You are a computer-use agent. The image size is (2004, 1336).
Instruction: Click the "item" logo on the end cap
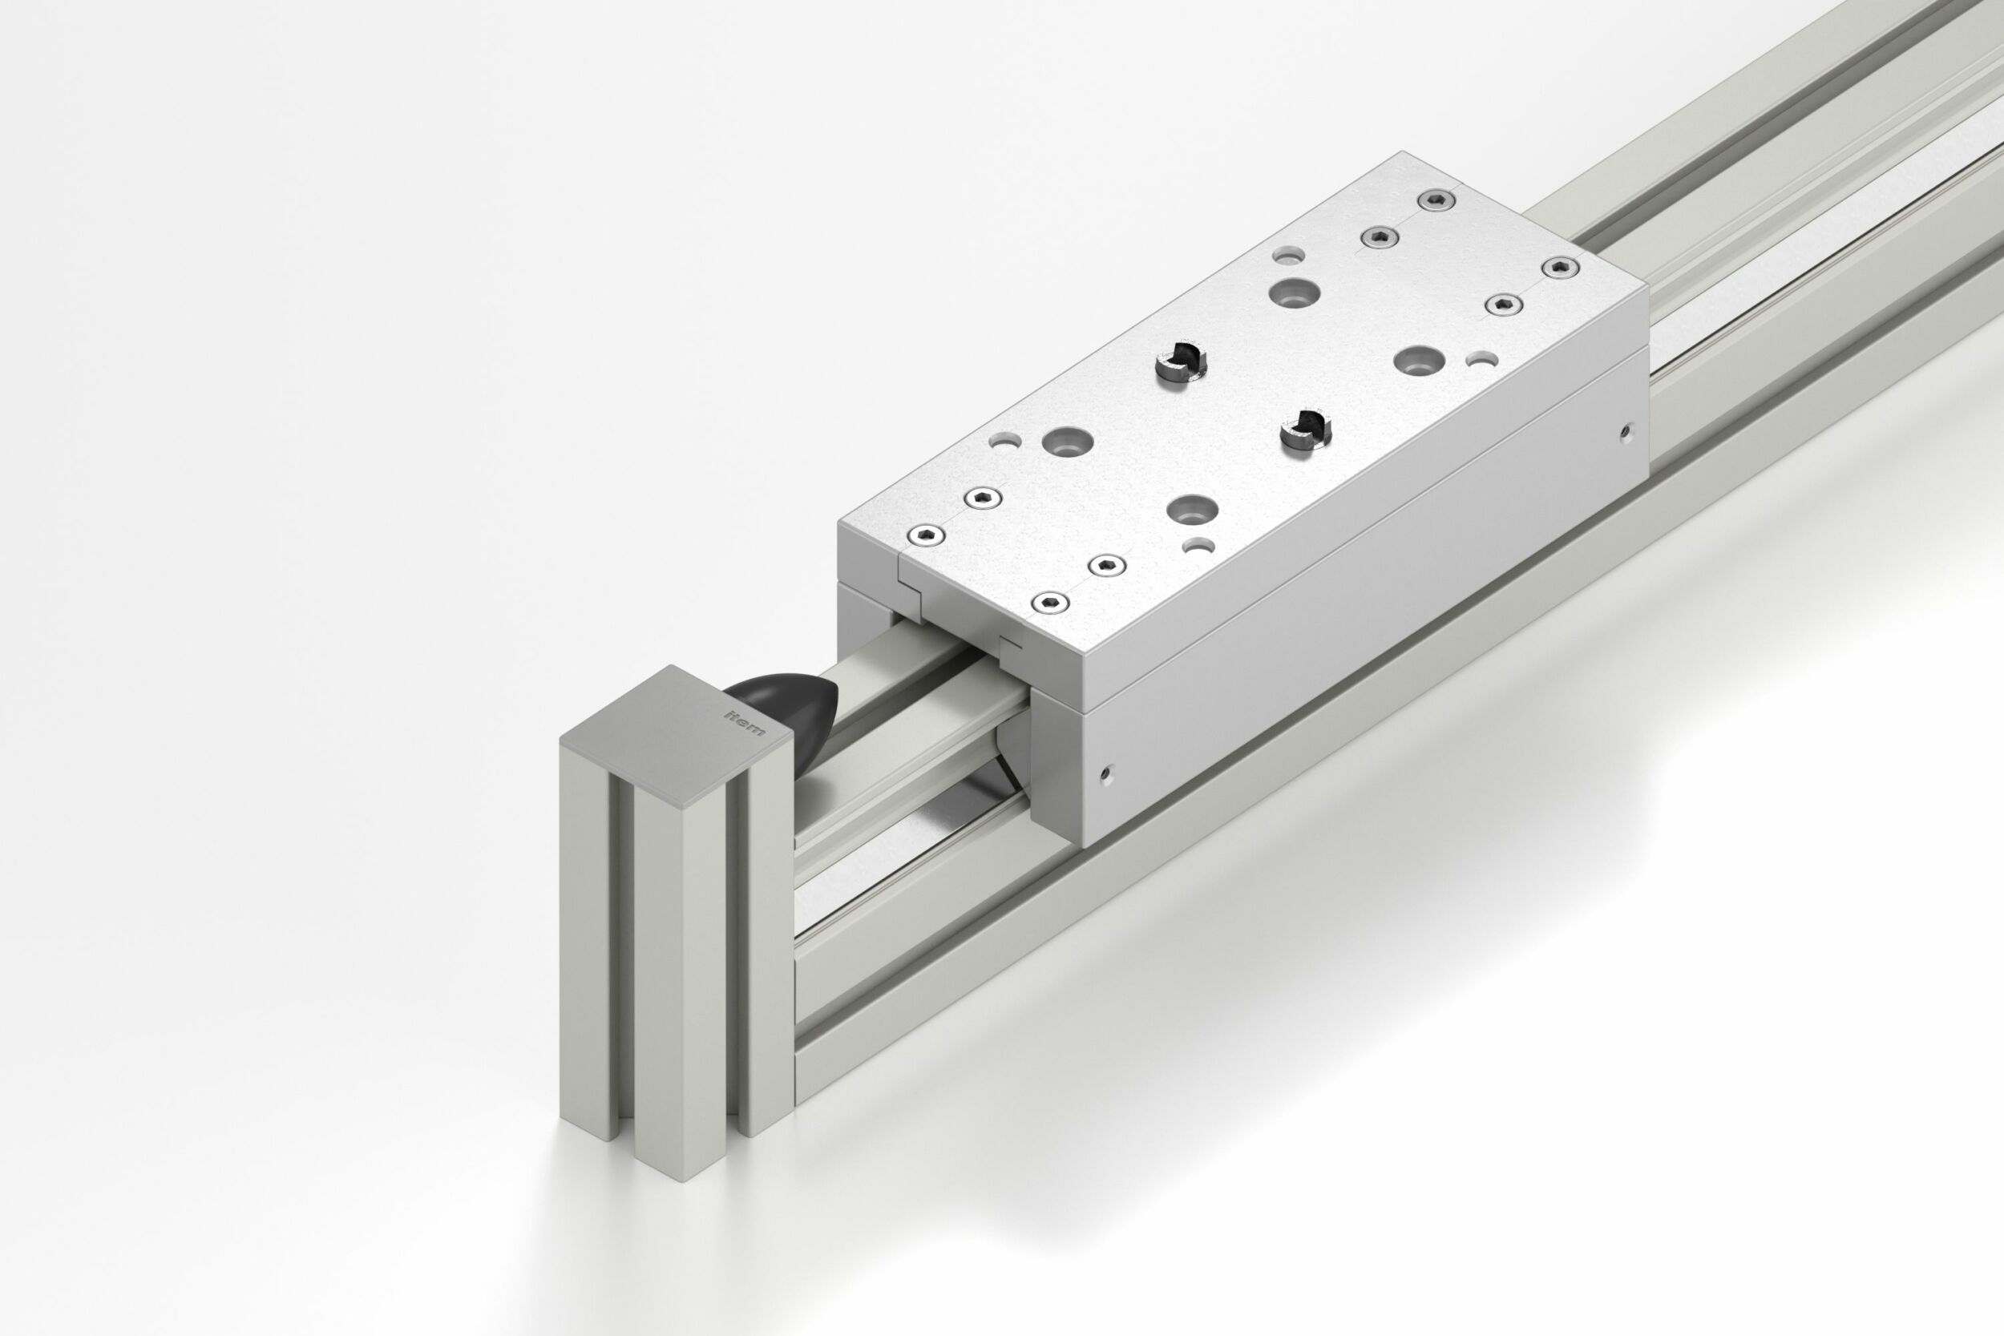(745, 720)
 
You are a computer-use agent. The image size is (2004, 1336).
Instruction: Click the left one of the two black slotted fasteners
(1182, 362)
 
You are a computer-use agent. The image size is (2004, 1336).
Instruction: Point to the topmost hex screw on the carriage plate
(1436, 200)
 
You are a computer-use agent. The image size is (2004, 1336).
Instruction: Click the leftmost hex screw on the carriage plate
(925, 535)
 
